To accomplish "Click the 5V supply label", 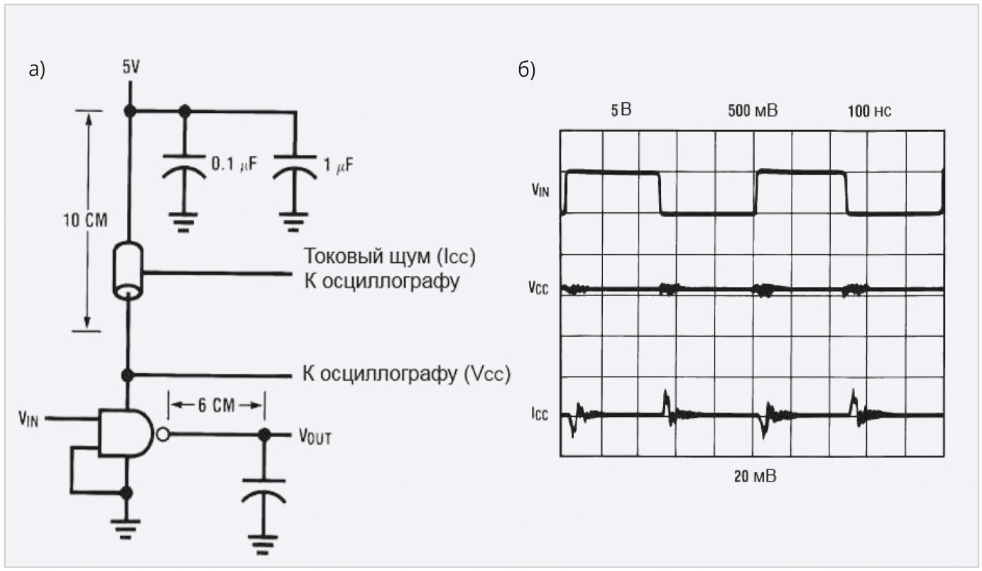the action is point(131,67).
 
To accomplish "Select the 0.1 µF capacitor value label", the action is point(234,164).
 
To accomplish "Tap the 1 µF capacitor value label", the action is point(338,165).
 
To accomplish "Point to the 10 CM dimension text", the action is point(85,220).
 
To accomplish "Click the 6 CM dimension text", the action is point(216,406).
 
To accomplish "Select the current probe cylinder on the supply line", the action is point(128,271).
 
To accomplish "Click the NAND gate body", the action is point(126,434).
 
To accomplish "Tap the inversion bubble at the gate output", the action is point(163,434).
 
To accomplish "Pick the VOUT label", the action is point(315,436).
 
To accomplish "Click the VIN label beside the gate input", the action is point(28,418).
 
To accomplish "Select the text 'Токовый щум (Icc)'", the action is point(390,256).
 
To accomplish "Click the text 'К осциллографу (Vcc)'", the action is point(407,374).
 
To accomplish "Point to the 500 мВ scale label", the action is point(753,111).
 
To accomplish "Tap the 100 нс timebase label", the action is point(869,112).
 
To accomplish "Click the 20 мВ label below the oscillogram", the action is point(755,477).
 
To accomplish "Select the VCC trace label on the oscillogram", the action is point(538,288).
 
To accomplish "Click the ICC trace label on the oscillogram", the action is point(540,414).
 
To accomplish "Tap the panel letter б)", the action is point(527,70).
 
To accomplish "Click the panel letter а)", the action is point(37,70).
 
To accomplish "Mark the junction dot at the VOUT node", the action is point(264,435).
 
